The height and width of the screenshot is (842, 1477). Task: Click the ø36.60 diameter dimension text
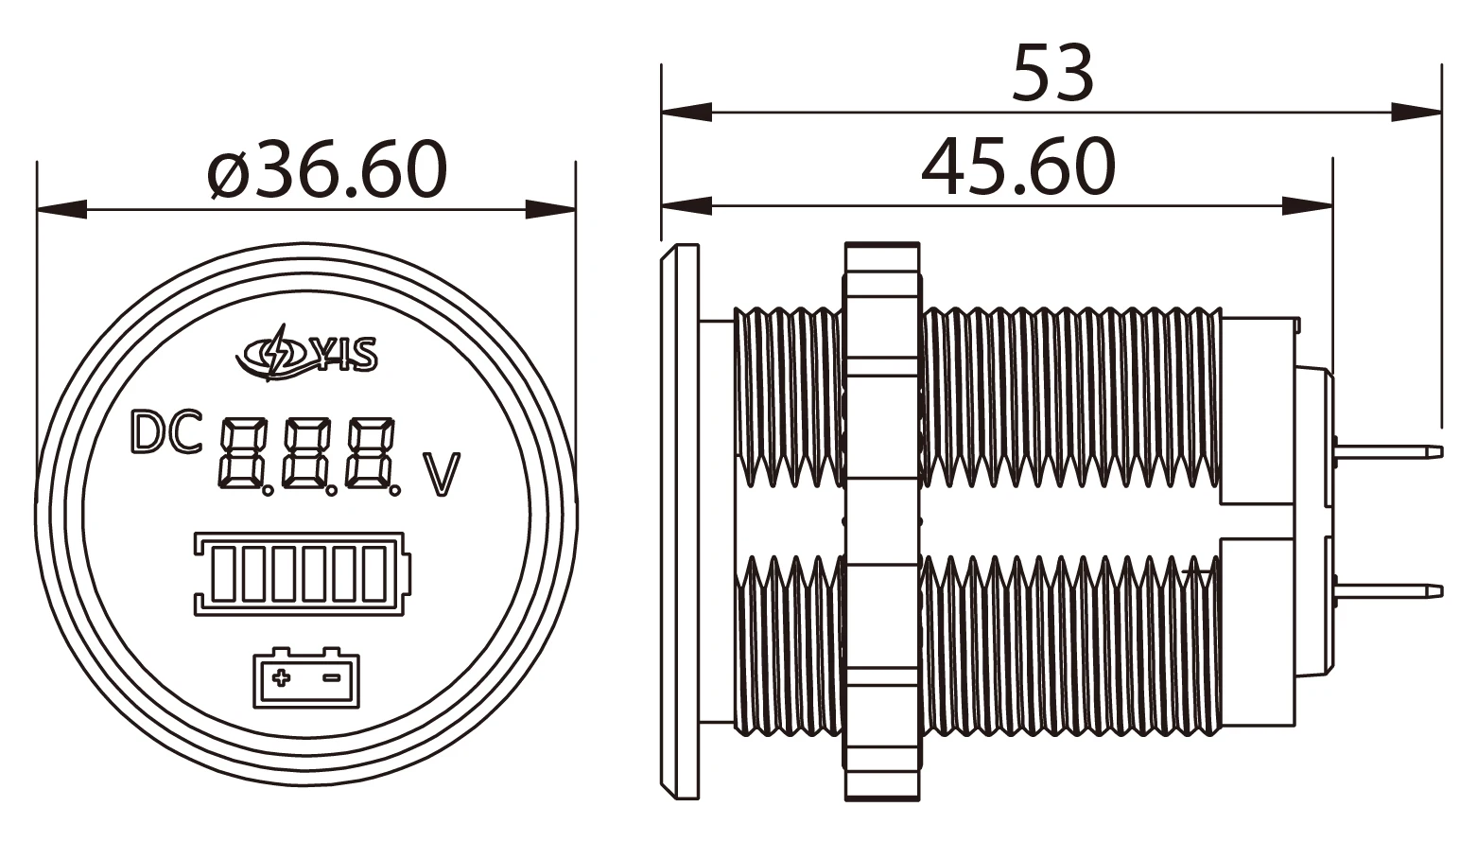[x=327, y=169]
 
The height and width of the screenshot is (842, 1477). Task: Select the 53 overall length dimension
[x=1052, y=73]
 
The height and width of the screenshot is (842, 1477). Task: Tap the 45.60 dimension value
[x=1017, y=167]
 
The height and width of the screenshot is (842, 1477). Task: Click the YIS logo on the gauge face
[x=307, y=354]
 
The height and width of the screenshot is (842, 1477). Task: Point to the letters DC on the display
[x=165, y=433]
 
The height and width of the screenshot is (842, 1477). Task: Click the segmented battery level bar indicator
[x=303, y=573]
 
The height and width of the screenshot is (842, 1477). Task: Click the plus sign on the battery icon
[x=281, y=677]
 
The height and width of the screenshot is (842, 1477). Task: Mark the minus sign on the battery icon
[x=332, y=677]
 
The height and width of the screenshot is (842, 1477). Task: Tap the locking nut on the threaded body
[x=881, y=520]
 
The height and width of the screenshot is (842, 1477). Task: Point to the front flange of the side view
[x=679, y=520]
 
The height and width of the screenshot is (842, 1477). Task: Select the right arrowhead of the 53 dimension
[x=1418, y=112]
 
